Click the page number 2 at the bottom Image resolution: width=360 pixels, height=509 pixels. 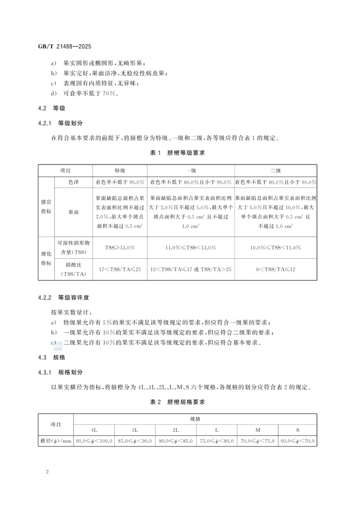47,472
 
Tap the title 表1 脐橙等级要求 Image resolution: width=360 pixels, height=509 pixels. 177,153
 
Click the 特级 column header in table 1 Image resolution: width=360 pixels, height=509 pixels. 120,171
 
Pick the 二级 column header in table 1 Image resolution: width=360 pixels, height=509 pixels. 275,171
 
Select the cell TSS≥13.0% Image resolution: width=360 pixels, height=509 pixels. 120,248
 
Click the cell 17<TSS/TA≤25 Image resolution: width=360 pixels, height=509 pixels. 120,269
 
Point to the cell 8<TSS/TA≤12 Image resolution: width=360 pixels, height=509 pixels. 275,269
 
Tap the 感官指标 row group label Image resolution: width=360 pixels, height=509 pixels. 46,207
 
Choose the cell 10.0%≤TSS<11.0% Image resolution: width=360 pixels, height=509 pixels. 275,248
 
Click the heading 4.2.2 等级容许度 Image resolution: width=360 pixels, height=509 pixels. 63,298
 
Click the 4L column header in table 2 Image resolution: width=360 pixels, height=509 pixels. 94,430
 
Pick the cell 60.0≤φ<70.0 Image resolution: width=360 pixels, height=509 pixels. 297,441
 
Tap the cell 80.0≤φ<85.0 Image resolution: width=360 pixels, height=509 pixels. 176,441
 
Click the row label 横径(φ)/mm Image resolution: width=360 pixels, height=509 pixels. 56,441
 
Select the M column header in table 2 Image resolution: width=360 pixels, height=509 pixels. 257,430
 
